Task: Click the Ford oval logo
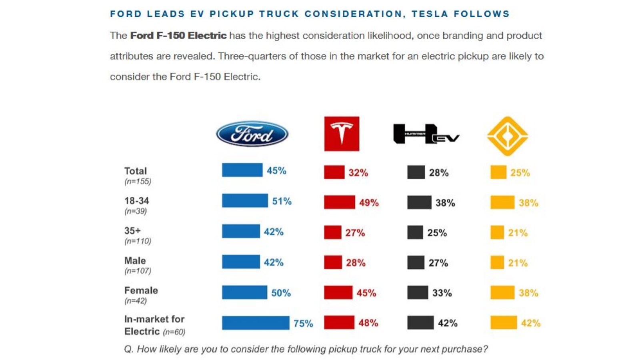pos(252,134)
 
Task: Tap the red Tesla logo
pos(342,134)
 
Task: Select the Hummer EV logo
pos(426,134)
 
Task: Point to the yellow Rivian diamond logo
pos(508,136)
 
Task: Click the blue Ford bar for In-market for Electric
pos(256,323)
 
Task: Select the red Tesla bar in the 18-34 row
pos(340,202)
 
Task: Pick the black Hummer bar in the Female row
pos(418,292)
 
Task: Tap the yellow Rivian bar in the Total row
pos(498,172)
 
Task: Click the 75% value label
pos(304,324)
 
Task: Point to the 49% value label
pos(369,203)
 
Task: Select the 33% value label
pos(442,293)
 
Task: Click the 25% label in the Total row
pos(520,172)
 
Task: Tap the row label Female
pos(141,290)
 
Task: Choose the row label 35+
pos(132,230)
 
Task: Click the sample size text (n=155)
pos(138,182)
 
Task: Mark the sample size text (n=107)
pos(138,270)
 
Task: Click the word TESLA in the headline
pos(430,14)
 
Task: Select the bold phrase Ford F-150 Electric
pos(178,36)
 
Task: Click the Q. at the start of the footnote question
pos(129,349)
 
